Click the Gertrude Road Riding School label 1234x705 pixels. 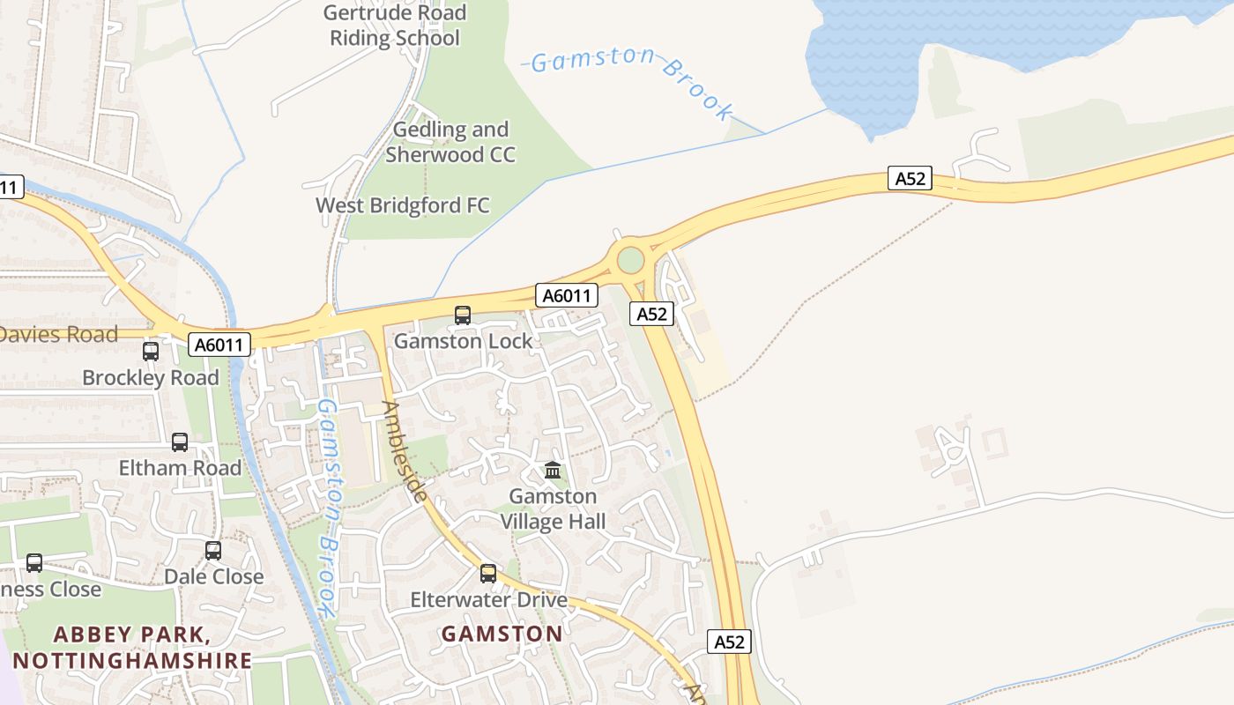click(395, 26)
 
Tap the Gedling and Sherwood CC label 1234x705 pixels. click(450, 142)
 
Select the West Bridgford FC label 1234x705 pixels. click(403, 206)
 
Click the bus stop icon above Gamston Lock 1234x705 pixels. click(463, 315)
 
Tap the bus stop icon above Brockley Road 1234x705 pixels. click(151, 351)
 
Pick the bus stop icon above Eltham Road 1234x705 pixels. click(180, 442)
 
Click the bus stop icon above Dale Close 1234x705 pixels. click(213, 551)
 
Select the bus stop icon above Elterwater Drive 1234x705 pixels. click(488, 574)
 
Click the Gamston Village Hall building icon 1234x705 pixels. click(553, 470)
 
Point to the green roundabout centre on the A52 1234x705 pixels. click(631, 260)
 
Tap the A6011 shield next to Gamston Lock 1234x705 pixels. click(567, 295)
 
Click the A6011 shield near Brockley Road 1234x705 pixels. click(219, 345)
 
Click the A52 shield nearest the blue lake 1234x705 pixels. click(910, 179)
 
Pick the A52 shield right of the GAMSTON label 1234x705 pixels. click(729, 642)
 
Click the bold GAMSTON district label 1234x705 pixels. click(502, 634)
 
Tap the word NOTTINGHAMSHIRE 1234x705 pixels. click(132, 660)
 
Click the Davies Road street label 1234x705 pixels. click(58, 335)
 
